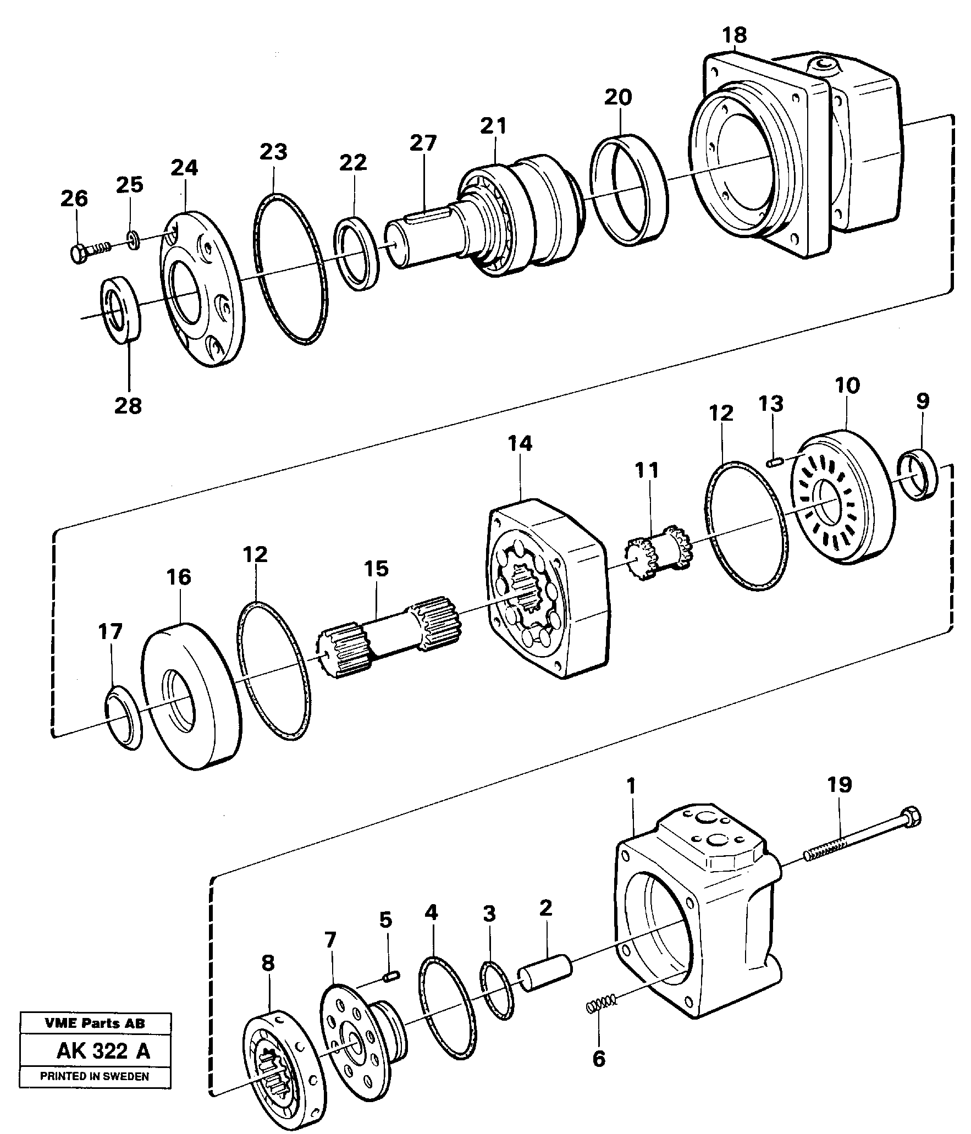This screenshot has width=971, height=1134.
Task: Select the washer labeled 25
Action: (x=134, y=240)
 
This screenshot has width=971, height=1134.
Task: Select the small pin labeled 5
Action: (x=391, y=976)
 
